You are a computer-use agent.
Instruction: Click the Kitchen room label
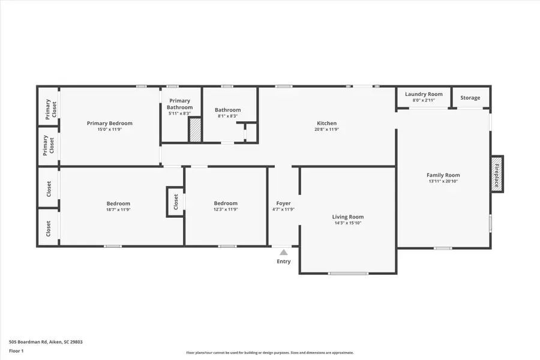[326, 123]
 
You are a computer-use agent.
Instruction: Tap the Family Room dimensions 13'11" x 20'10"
[443, 181]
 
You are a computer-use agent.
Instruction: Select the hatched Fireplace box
[496, 174]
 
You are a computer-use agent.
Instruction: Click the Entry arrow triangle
[283, 253]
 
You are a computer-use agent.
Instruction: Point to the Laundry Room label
[424, 94]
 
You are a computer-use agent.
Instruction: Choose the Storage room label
[470, 98]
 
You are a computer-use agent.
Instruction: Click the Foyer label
[283, 203]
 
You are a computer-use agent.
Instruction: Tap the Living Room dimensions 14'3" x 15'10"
[348, 223]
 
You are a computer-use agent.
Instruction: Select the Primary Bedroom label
[109, 123]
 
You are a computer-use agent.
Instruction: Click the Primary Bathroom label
[180, 104]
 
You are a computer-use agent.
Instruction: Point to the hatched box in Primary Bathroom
[195, 130]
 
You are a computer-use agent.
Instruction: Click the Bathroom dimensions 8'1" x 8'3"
[228, 116]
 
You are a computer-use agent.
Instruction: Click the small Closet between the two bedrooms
[175, 202]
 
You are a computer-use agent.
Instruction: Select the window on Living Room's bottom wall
[348, 274]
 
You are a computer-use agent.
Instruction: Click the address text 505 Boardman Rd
[46, 342]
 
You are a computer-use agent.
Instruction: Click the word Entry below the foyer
[283, 262]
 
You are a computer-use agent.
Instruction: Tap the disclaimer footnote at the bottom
[269, 353]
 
